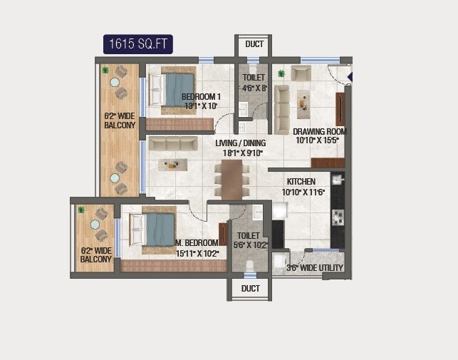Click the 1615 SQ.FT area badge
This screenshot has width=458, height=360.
tap(137, 44)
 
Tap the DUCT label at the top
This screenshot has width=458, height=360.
tap(254, 44)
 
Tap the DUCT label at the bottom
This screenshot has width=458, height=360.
tap(250, 289)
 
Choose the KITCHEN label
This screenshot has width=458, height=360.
tap(301, 182)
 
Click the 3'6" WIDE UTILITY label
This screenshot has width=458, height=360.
tap(314, 268)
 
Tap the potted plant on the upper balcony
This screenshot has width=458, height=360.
tap(105, 70)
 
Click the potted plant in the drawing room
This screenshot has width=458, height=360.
tap(281, 73)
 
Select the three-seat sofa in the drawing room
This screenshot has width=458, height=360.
tap(282, 109)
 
